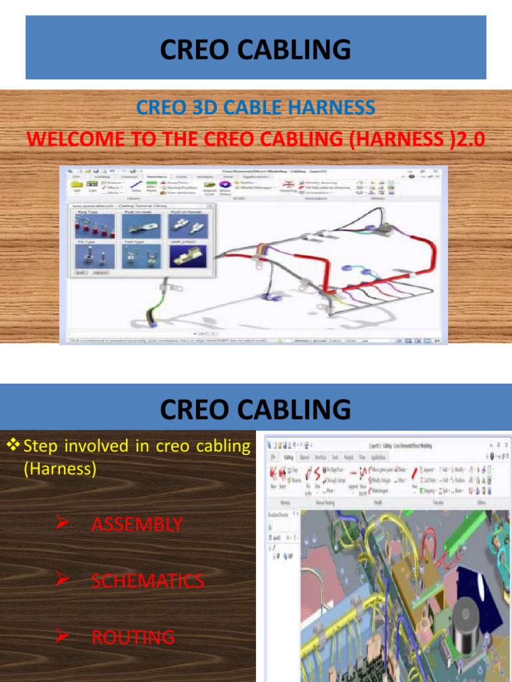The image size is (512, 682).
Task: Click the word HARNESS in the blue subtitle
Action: (332, 107)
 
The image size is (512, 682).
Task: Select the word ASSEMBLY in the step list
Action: (137, 525)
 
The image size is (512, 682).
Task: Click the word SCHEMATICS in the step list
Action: (147, 581)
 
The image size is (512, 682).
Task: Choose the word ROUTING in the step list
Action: (133, 637)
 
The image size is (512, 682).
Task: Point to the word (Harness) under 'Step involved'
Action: (60, 469)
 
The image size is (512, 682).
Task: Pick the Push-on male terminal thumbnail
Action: (139, 223)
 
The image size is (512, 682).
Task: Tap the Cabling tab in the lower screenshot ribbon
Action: (288, 458)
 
